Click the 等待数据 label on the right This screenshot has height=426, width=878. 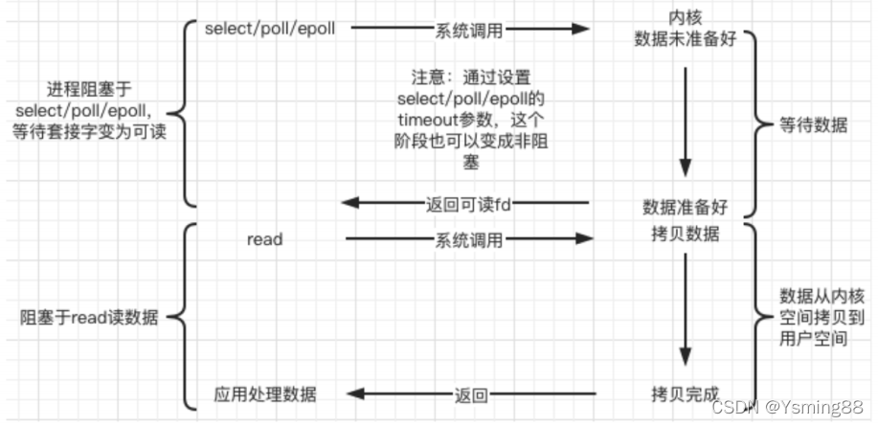814,125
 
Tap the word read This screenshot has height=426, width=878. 264,239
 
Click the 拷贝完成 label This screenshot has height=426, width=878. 685,393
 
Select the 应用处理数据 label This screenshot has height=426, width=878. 264,393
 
